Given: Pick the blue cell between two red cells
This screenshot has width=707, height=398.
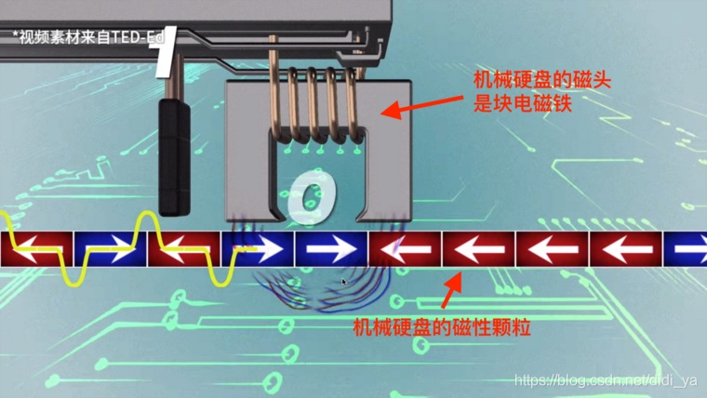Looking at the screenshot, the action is pyautogui.click(x=110, y=249).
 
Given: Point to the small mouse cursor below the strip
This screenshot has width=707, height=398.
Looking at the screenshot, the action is pyautogui.click(x=344, y=280).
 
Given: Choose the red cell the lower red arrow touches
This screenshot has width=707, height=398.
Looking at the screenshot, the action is pyautogui.click(x=478, y=249).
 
